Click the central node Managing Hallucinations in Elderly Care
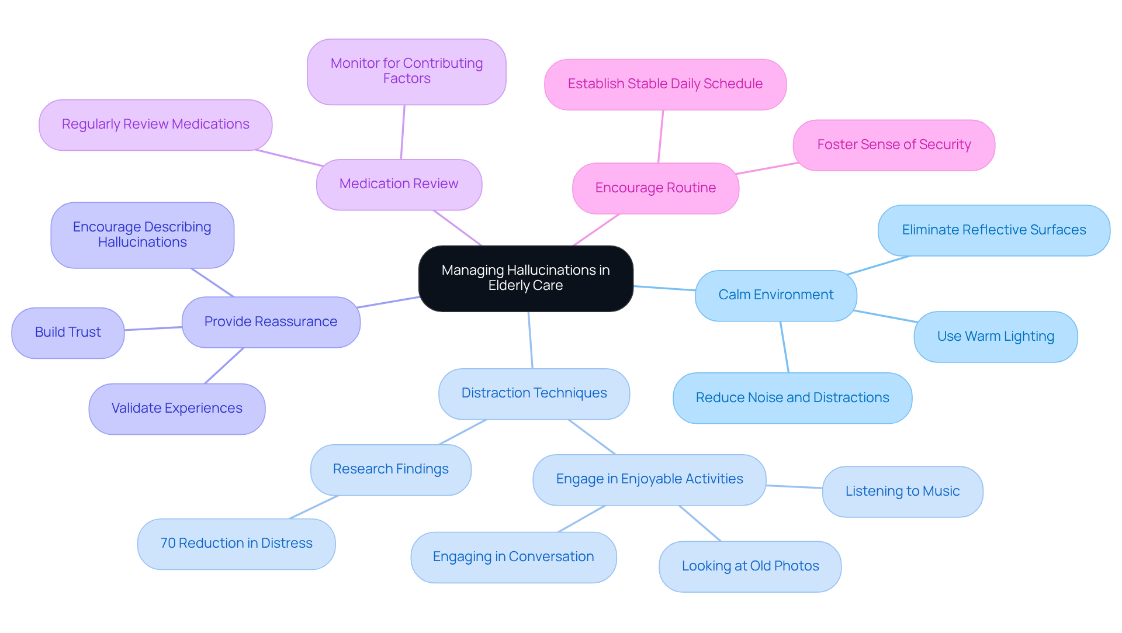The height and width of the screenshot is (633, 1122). point(525,278)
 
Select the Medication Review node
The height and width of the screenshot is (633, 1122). point(399,184)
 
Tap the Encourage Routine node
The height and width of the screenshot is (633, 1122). point(655,188)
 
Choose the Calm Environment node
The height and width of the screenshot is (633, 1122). point(775,295)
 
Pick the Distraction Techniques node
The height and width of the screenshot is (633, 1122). point(534,393)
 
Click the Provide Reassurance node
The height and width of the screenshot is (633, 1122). point(271,322)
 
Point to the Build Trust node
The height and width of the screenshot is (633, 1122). point(68,333)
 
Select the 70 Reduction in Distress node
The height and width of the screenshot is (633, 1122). point(236,544)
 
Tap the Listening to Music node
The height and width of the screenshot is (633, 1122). point(902,492)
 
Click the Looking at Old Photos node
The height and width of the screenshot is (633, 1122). point(750,566)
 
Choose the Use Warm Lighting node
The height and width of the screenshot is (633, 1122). point(995,337)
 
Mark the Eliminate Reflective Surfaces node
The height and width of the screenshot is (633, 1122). point(993,230)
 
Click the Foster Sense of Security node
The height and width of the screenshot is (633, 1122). point(894,145)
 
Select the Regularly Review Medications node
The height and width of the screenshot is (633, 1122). point(155,124)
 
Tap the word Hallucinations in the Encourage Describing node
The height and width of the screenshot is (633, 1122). point(142,243)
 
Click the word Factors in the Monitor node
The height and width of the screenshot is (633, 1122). point(407,79)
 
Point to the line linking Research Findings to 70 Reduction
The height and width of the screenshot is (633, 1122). point(314,507)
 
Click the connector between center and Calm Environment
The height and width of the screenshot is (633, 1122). point(664,288)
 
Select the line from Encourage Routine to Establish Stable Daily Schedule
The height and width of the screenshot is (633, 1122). point(661,136)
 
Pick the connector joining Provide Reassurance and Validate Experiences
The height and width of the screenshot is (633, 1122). point(224,366)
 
